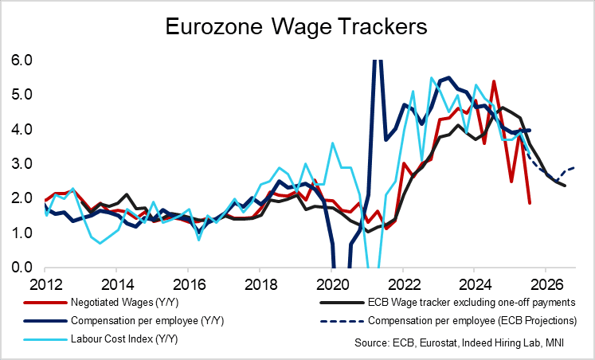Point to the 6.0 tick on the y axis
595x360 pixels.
(22, 61)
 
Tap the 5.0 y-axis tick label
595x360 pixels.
(22, 95)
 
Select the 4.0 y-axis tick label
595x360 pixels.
(22, 129)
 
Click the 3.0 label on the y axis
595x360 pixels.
(22, 164)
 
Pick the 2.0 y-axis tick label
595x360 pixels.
(22, 198)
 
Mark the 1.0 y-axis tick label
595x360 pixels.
(22, 233)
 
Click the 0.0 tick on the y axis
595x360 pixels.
(22, 268)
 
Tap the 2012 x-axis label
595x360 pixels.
(45, 284)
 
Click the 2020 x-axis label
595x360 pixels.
(331, 284)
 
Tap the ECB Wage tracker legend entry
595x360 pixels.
(463, 303)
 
